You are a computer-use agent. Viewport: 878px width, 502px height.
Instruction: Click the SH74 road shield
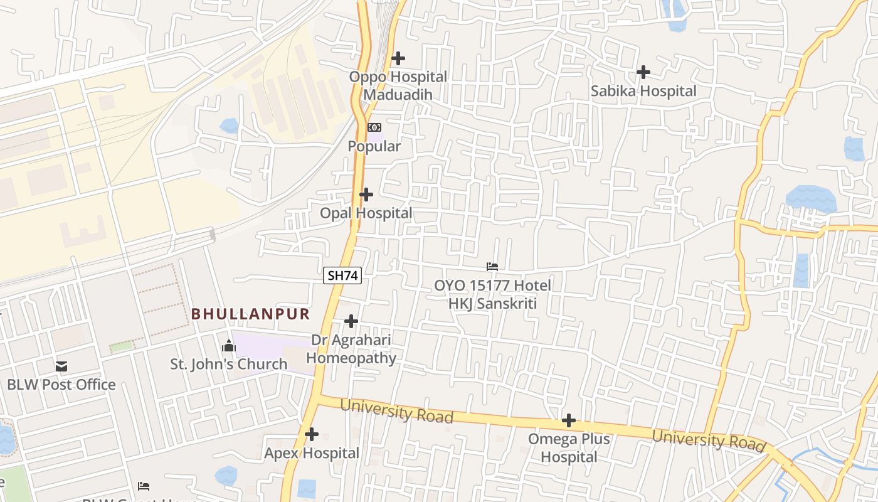point(342,275)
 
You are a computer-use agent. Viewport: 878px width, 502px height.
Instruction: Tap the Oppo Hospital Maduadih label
point(398,86)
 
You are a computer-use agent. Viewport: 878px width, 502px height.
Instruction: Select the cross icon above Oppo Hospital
point(398,59)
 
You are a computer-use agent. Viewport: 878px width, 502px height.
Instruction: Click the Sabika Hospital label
point(643,91)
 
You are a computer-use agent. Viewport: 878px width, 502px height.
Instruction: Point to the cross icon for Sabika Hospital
point(643,73)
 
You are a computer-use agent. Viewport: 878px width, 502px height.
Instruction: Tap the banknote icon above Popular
point(374,127)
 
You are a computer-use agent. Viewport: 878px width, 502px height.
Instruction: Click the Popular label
point(374,146)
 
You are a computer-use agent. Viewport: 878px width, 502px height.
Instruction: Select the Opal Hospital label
point(366,213)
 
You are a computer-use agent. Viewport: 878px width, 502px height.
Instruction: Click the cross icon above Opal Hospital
point(366,195)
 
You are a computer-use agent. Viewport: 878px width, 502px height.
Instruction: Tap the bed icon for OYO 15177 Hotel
point(492,267)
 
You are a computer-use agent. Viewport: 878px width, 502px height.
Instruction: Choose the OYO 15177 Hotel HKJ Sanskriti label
point(492,294)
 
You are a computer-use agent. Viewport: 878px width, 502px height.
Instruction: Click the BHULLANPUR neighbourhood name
point(251,314)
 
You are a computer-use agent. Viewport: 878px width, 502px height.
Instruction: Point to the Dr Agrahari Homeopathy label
point(351,349)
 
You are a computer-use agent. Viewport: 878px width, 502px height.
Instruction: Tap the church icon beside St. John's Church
point(229,346)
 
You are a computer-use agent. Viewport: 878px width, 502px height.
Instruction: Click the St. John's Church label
point(229,364)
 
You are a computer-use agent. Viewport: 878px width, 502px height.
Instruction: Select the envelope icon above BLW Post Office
point(61,366)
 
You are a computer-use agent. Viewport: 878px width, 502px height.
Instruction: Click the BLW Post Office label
point(61,385)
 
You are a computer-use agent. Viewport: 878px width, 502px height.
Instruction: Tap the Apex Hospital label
point(312,453)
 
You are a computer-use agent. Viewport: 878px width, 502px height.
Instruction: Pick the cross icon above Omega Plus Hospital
point(569,420)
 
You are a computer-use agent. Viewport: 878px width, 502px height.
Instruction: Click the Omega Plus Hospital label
point(569,447)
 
